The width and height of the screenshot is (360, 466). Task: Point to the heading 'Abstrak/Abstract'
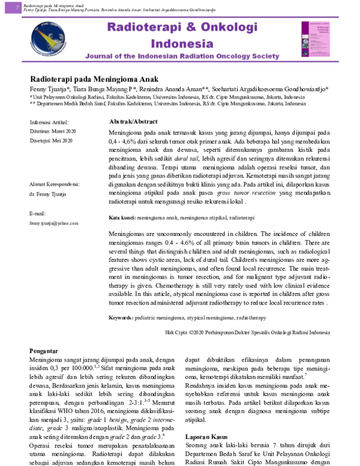click(x=133, y=121)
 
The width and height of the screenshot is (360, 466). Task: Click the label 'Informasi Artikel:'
click(x=49, y=122)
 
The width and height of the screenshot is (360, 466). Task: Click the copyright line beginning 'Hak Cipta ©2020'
click(x=247, y=331)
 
